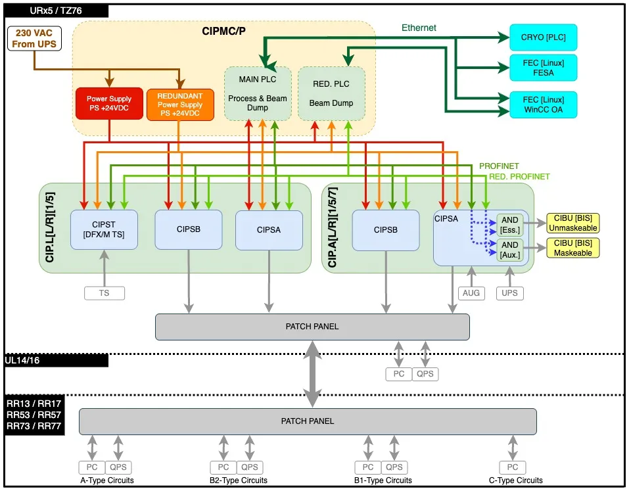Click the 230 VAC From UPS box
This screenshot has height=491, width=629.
[x=34, y=38]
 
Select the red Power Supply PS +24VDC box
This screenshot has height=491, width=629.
[x=109, y=104]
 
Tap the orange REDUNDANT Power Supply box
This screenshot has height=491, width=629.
[x=180, y=104]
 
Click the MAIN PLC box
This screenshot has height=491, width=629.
[x=258, y=93]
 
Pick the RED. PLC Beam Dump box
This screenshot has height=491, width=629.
[x=331, y=93]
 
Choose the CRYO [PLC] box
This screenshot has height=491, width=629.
[x=543, y=37]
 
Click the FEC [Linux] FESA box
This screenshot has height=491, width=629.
[x=543, y=68]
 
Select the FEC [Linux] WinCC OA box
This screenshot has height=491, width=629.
[x=543, y=105]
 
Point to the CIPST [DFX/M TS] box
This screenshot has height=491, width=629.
[x=104, y=229]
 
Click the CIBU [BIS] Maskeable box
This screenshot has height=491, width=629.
[x=572, y=248]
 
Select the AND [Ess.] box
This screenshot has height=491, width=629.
[x=510, y=225]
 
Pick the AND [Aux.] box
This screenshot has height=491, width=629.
[x=510, y=249]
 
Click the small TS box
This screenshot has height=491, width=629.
[x=104, y=293]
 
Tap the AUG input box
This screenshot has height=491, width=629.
[x=471, y=293]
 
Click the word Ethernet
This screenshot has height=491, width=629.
[x=419, y=28]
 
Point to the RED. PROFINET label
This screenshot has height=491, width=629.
[x=519, y=177]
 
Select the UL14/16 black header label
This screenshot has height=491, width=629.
[x=56, y=360]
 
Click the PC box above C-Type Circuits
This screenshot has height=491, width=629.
[x=512, y=467]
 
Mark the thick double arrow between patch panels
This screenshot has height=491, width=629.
[x=312, y=374]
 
